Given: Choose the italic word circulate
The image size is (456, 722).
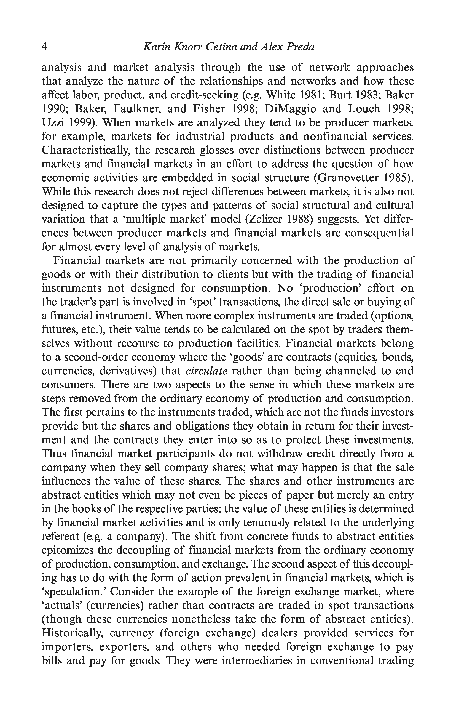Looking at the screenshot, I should (207, 371).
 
